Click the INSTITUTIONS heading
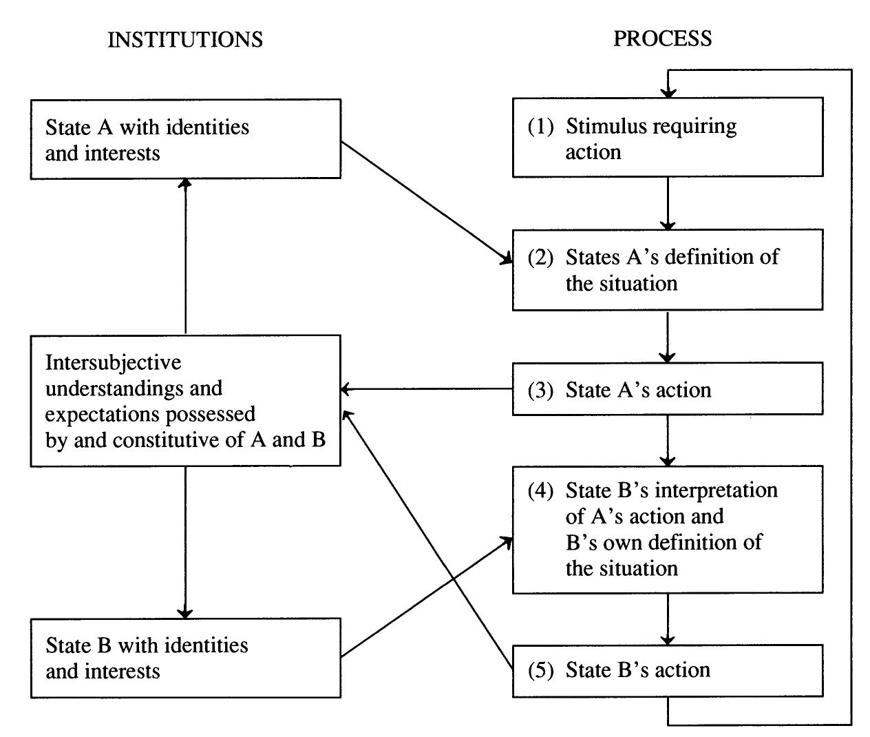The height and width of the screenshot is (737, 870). click(x=185, y=39)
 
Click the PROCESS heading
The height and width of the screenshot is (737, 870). click(x=662, y=39)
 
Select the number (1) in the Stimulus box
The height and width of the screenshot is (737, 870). click(x=541, y=127)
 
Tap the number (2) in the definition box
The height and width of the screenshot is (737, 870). click(x=541, y=258)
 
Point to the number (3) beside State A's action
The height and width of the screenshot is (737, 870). click(x=541, y=391)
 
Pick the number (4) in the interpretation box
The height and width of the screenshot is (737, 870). click(x=541, y=490)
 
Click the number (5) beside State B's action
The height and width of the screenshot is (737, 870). click(x=541, y=670)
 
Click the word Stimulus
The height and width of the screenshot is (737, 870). click(x=606, y=127)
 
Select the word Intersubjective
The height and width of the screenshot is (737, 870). click(x=113, y=362)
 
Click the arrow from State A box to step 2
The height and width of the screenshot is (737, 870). click(x=427, y=203)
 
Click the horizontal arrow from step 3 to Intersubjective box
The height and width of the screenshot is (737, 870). click(x=427, y=390)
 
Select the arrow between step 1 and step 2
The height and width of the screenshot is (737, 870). click(x=668, y=203)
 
